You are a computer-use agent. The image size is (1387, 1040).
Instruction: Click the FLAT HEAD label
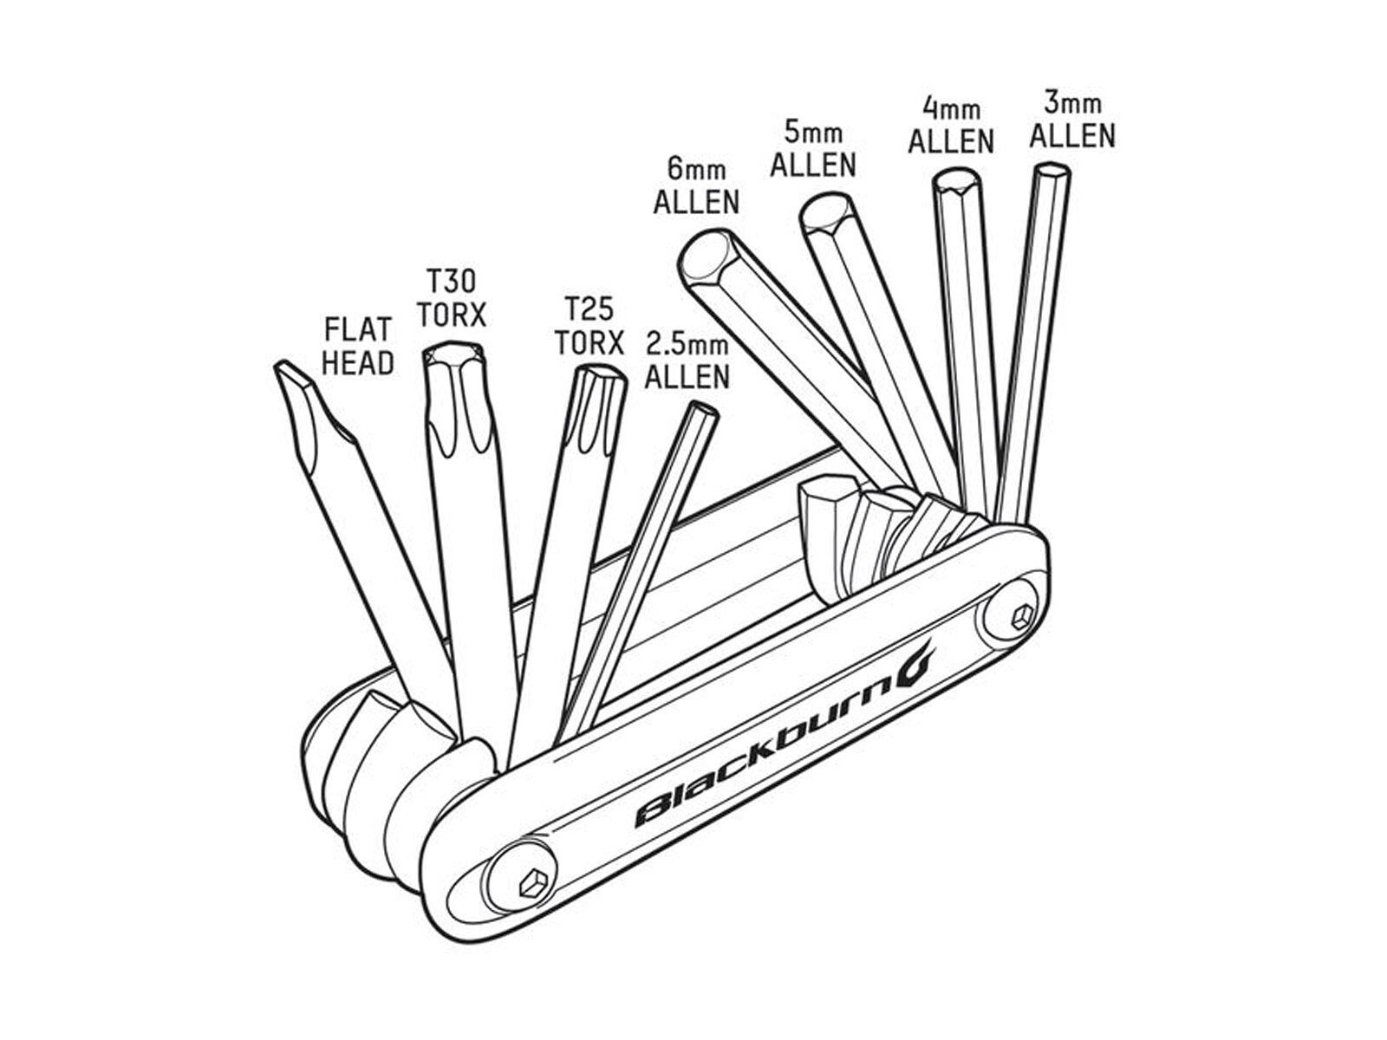(x=358, y=346)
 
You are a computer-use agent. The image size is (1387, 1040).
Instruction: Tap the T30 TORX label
(x=451, y=298)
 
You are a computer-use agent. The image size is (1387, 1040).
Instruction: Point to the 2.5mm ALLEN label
(x=687, y=361)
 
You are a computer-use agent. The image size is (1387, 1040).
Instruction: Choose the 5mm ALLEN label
(x=813, y=149)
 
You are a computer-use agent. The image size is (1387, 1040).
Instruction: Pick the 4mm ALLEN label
(x=950, y=127)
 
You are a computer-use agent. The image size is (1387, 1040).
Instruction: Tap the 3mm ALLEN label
(x=1073, y=120)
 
